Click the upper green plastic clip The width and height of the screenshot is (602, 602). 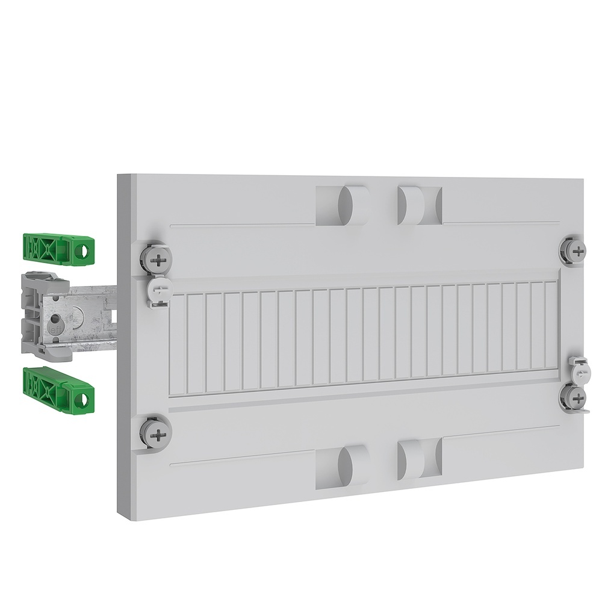click(58, 249)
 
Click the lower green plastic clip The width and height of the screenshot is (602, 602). click(58, 387)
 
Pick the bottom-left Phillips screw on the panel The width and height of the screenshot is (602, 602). click(158, 432)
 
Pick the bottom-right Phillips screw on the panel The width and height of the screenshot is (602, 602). click(574, 397)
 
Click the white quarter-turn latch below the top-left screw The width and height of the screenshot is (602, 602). click(158, 290)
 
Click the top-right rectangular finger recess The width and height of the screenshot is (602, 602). click(420, 203)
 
